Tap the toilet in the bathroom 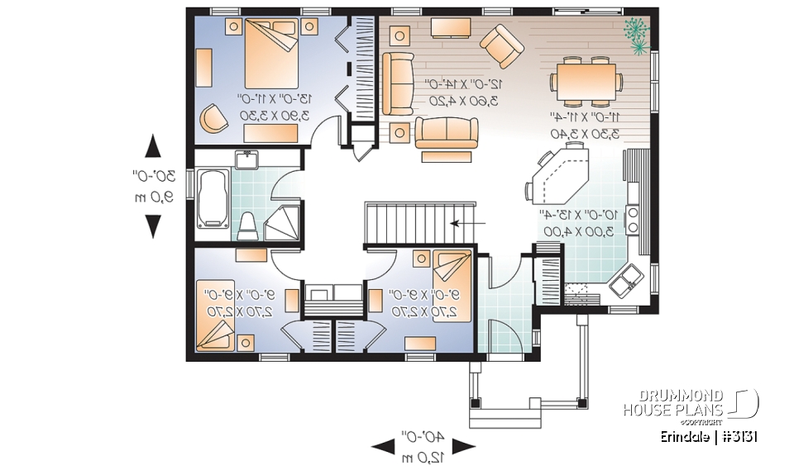[x=247, y=224]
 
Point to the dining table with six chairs [x=586, y=81]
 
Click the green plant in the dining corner [x=635, y=35]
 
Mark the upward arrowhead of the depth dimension [x=152, y=147]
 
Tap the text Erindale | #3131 [x=709, y=436]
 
